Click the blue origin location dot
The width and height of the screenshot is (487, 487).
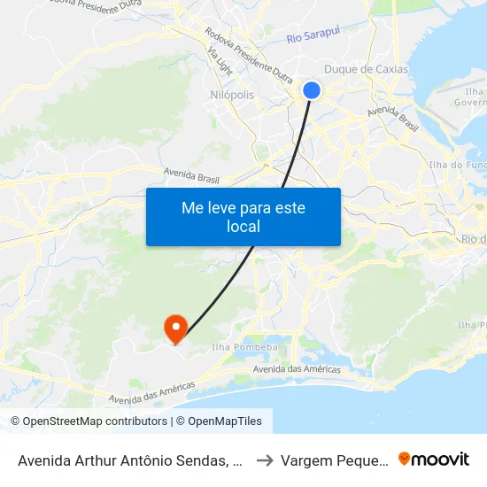(312, 89)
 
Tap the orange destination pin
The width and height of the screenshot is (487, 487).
(174, 328)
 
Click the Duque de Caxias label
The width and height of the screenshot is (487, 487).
(367, 69)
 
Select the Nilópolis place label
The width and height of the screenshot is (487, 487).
(233, 95)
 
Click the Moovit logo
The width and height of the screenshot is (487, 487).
(433, 459)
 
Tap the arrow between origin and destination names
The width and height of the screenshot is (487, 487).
(264, 460)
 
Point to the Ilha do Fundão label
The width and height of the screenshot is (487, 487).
(457, 165)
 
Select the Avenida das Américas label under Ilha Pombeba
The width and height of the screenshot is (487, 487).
(297, 369)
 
